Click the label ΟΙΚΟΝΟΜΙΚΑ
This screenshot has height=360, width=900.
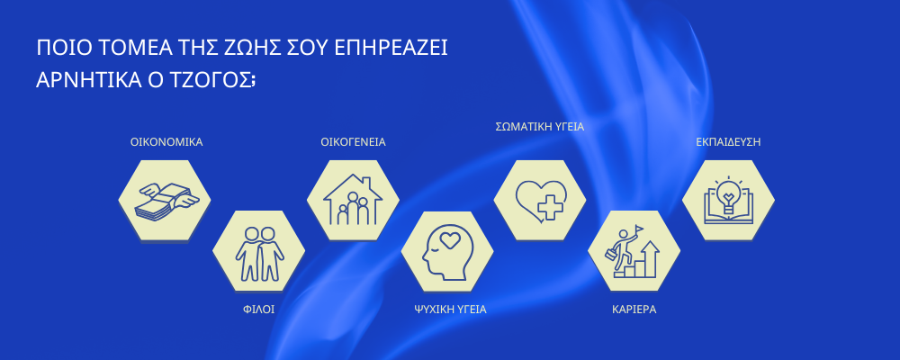[166, 142]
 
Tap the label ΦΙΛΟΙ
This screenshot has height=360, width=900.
[259, 310]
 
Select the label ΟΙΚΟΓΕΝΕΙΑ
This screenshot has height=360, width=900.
[353, 142]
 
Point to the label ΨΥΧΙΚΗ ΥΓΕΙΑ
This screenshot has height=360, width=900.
[450, 310]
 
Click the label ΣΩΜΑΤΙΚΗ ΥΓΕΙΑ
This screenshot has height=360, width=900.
[539, 127]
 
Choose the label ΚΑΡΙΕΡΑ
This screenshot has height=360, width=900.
[634, 310]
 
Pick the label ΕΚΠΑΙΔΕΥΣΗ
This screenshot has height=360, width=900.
[728, 142]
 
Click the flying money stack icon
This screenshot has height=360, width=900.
[166, 201]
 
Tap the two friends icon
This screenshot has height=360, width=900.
[259, 253]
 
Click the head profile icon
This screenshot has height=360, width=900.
[446, 252]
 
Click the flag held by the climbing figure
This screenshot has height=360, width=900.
[639, 229]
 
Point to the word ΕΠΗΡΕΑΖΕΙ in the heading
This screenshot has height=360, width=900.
[391, 49]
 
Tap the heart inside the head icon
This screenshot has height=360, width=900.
[451, 242]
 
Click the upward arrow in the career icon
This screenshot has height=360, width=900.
[651, 258]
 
